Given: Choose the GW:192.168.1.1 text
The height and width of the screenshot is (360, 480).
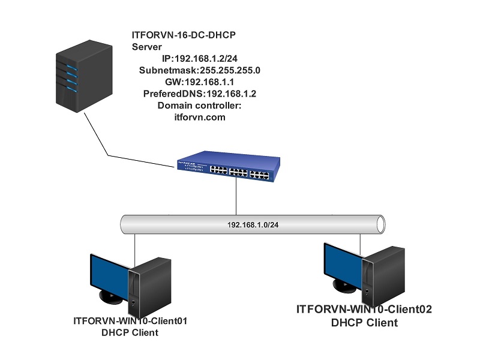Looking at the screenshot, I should pyautogui.click(x=200, y=82).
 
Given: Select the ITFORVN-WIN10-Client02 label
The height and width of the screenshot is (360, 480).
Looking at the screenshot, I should pyautogui.click(x=365, y=310).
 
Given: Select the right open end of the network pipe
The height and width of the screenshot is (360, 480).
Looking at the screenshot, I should pyautogui.click(x=380, y=223).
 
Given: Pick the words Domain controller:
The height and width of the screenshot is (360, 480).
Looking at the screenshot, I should pyautogui.click(x=199, y=106).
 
